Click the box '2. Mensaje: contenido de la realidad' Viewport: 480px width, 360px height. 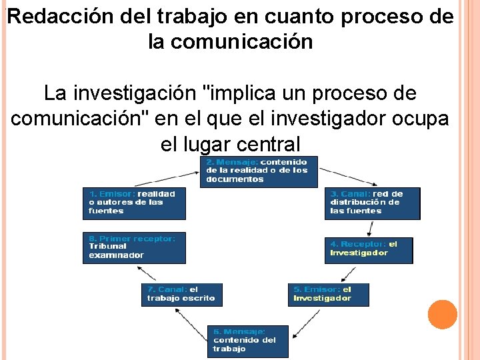259,171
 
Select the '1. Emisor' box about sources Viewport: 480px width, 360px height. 134,203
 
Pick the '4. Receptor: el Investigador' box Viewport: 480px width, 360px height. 369,249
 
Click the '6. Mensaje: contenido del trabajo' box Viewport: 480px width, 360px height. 247,341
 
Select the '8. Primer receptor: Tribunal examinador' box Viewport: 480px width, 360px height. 134,247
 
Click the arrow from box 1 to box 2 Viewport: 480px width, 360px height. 166,175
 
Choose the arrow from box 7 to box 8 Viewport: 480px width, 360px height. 147,272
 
